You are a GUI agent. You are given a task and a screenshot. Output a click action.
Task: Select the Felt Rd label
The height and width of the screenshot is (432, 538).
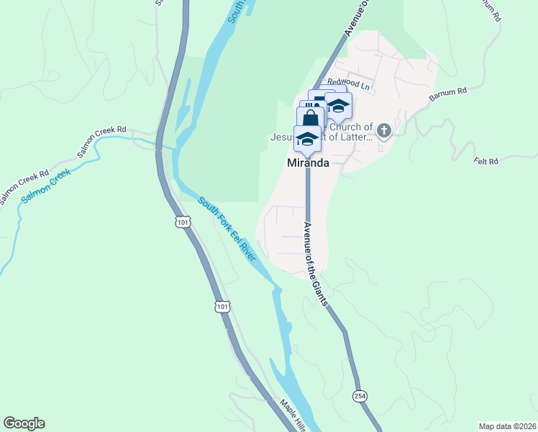[x=486, y=161]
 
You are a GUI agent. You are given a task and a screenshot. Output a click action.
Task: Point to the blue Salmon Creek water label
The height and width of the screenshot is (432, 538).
[x=47, y=186]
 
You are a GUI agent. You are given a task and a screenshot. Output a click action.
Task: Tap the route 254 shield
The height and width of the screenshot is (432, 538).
[x=359, y=396]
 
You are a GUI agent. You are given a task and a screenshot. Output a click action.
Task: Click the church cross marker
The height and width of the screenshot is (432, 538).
[x=384, y=131]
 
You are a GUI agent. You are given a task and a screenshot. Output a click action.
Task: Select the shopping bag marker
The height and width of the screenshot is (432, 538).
[x=310, y=117]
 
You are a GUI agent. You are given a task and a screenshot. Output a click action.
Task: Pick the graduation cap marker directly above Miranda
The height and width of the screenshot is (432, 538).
[x=307, y=138]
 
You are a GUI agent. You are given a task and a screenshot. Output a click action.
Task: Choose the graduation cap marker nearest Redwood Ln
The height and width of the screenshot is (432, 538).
[x=338, y=105]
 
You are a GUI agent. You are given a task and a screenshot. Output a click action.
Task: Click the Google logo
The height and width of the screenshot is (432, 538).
[x=24, y=423]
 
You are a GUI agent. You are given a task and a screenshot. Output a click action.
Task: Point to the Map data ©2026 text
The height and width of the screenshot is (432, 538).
[x=507, y=426]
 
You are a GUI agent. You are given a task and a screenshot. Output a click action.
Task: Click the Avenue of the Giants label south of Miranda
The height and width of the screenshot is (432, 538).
[x=314, y=262]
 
